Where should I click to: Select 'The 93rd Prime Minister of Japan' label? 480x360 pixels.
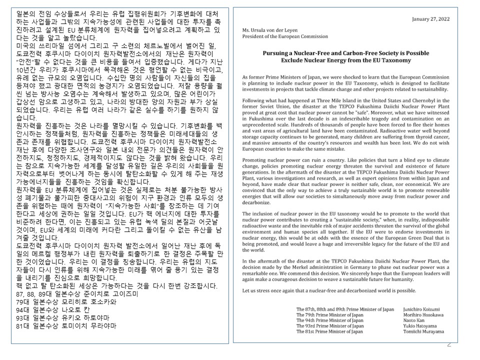[330, 325]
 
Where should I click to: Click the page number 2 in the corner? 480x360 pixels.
[449, 344]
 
